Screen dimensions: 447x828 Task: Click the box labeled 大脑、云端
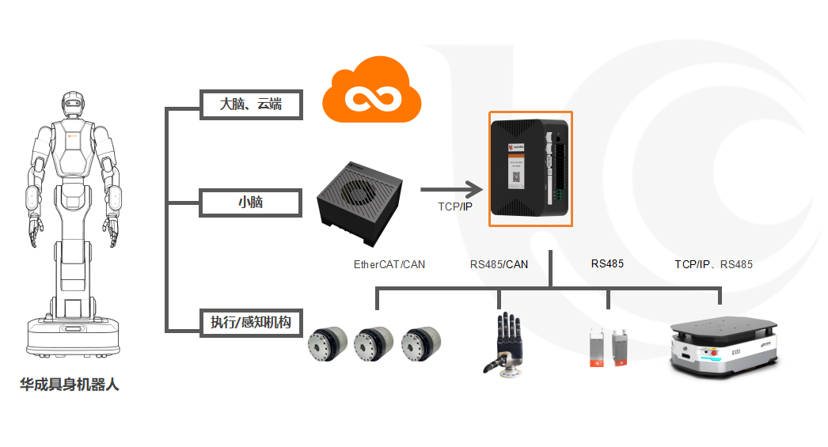[x=251, y=104]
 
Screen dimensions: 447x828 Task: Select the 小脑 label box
[x=251, y=203]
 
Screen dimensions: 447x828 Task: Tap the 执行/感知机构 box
[x=251, y=322]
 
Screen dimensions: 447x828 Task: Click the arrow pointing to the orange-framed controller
[x=451, y=189]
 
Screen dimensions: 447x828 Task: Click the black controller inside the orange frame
[x=529, y=168]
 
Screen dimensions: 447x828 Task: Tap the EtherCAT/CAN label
[x=389, y=264]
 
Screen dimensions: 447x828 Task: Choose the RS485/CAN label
[x=499, y=264]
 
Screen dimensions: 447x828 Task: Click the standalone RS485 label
[x=607, y=263]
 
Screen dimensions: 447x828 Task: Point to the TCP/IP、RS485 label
[x=713, y=264]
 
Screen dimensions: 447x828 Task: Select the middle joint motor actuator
[x=375, y=345]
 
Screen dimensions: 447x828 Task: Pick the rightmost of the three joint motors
[x=420, y=345]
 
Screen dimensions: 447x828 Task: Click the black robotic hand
[x=504, y=343]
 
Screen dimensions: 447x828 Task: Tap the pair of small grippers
[x=608, y=349]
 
